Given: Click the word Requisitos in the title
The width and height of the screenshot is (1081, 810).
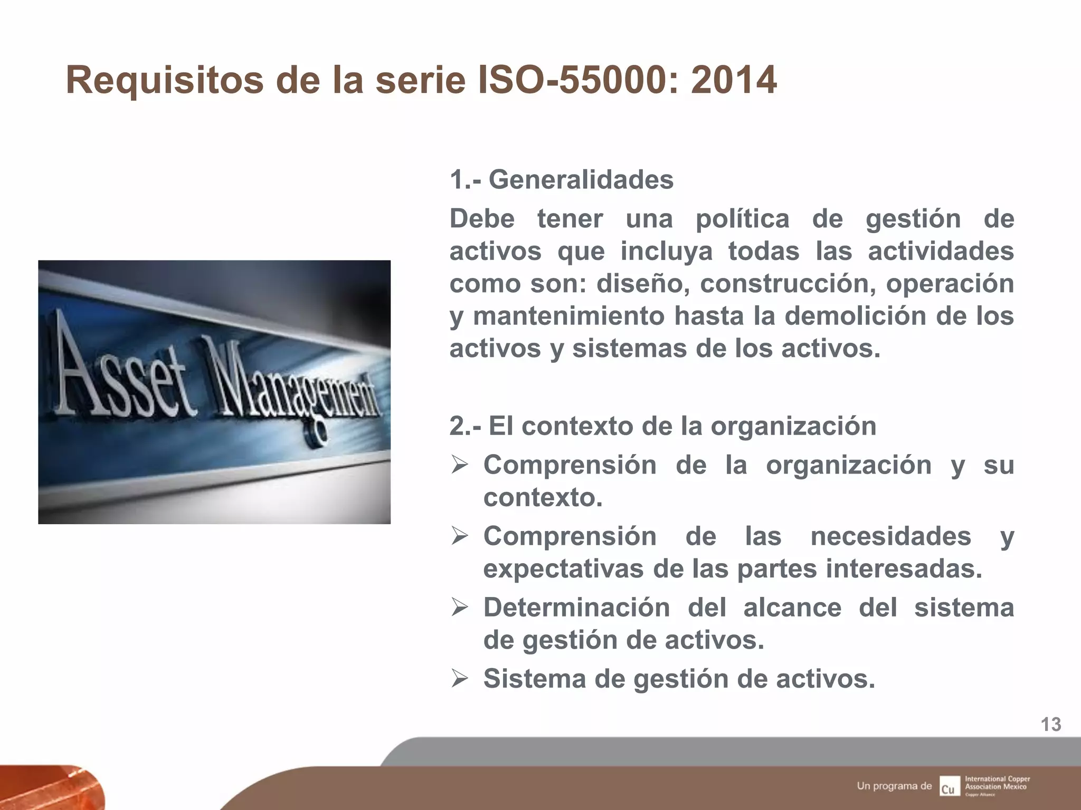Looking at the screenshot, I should point(164,81).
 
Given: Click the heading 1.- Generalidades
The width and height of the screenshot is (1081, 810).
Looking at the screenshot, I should point(561,180).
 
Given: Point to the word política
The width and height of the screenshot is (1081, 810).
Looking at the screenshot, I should point(742,219).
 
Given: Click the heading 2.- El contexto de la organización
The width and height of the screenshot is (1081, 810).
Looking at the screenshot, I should point(662,426).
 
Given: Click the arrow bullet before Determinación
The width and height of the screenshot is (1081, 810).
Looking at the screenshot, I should point(459,607).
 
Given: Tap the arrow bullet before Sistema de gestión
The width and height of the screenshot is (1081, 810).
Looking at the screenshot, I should point(459,679).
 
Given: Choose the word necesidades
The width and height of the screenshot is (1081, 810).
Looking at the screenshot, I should point(890,536).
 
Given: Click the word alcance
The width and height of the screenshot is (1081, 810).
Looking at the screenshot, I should point(792,607).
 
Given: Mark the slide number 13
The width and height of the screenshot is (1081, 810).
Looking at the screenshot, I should point(1050,725).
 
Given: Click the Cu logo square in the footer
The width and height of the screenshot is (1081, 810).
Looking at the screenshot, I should point(949,786).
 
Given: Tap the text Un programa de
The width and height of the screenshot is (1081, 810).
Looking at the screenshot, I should point(894,786).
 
